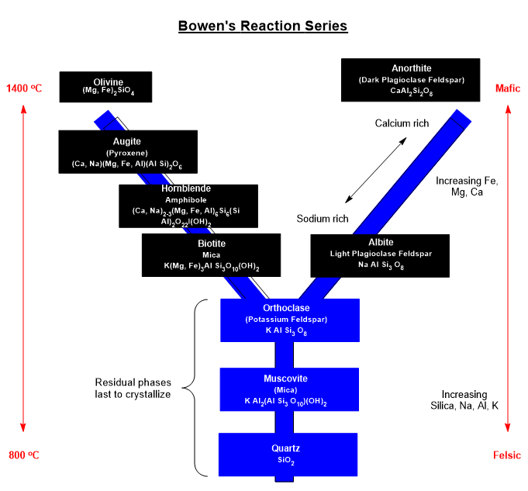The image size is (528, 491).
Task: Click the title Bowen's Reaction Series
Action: click(x=263, y=26)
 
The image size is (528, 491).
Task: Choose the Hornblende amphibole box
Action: click(x=188, y=206)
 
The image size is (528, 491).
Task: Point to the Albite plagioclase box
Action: click(x=379, y=254)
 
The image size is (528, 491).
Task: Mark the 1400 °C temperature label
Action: click(x=23, y=88)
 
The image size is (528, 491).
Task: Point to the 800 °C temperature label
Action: click(x=23, y=455)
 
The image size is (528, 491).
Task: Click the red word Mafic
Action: click(x=508, y=88)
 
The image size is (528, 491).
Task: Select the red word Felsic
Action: click(x=506, y=455)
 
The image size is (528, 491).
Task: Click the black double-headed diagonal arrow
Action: click(x=376, y=171)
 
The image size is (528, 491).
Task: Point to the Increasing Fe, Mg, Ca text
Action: click(x=467, y=187)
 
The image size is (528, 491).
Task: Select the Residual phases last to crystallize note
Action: click(x=133, y=388)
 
